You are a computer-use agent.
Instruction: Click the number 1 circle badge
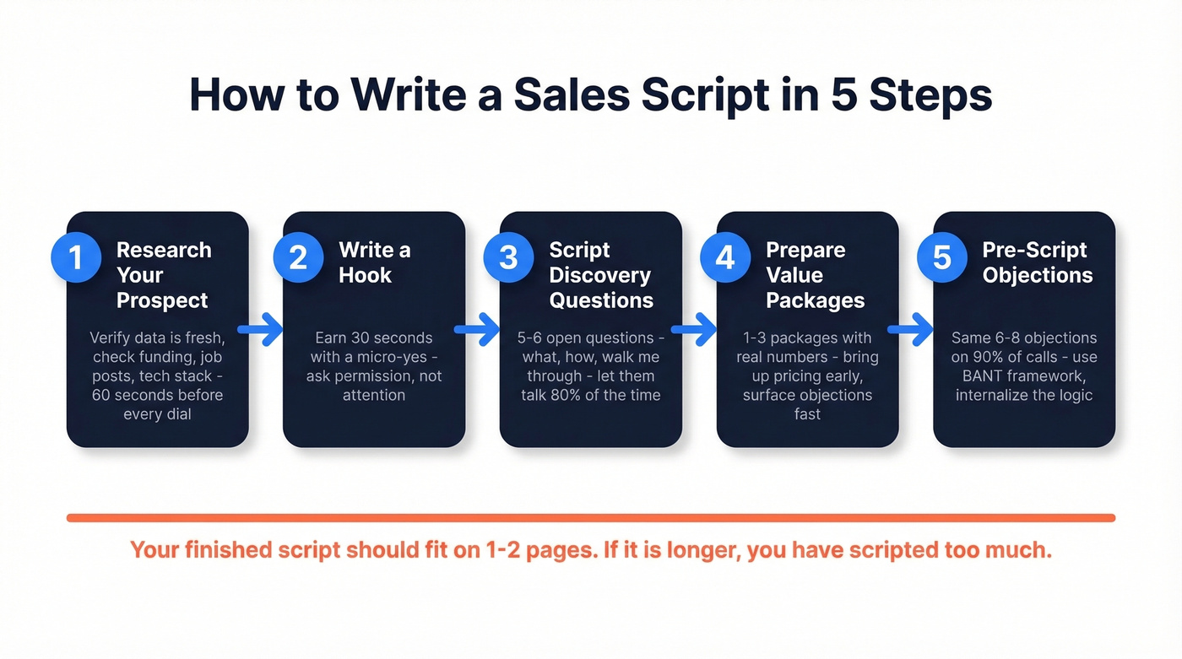pos(76,257)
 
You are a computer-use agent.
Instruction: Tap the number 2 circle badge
pos(298,257)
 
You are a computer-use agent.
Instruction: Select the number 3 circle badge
pos(508,257)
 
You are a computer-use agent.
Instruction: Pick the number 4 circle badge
pos(725,257)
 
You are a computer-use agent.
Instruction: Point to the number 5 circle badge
pos(942,257)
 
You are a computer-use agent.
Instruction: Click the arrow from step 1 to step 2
pos(260,330)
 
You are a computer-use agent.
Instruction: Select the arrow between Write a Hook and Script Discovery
pos(477,330)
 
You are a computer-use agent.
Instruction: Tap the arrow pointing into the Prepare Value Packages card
pos(694,330)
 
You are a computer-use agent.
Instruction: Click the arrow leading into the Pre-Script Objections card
pos(910,330)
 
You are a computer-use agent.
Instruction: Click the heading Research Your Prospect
pos(163,275)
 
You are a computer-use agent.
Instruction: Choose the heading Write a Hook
pos(375,262)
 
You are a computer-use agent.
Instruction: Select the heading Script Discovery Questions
pos(600,275)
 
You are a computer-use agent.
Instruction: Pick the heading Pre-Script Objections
pos(1038,262)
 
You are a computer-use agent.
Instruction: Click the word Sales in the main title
pos(572,95)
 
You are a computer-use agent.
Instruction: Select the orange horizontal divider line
pos(591,517)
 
